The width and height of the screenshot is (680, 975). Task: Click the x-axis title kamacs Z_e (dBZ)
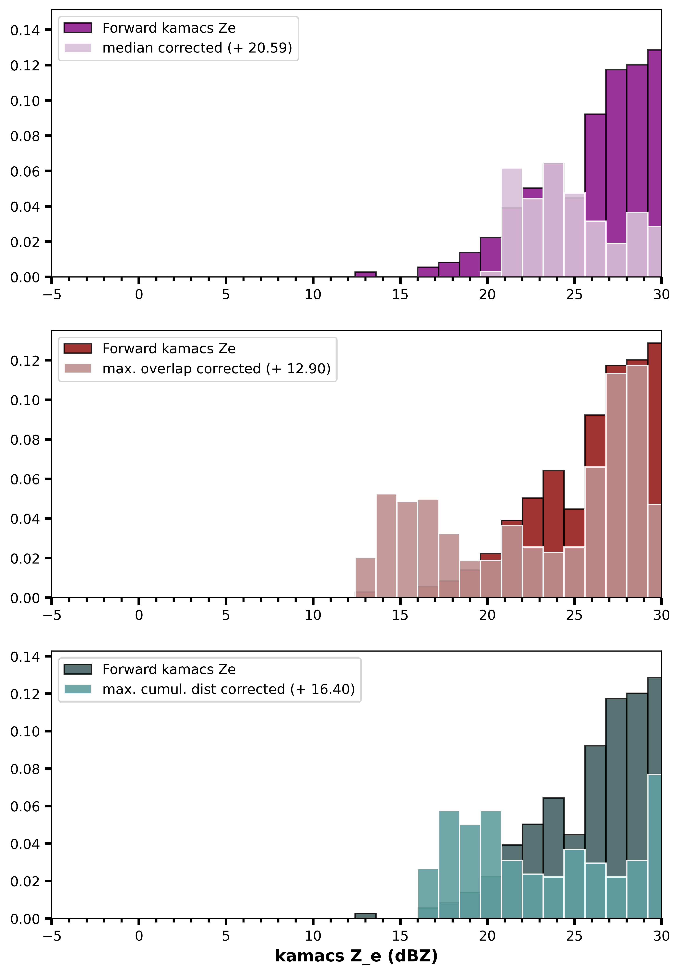click(356, 956)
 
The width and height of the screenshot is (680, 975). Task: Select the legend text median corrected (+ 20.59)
click(197, 48)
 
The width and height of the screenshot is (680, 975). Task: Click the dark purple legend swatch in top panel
click(78, 28)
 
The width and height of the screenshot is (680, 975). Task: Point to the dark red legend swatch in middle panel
click(78, 348)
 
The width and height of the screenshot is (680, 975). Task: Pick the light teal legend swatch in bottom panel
click(78, 689)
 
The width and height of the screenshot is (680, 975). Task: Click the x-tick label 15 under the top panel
click(400, 295)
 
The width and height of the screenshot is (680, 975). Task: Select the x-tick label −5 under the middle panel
click(52, 615)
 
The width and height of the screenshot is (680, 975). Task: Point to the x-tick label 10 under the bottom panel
click(313, 936)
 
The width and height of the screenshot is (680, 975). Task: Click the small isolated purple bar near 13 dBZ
click(365, 274)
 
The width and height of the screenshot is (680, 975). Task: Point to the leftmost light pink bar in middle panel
click(365, 578)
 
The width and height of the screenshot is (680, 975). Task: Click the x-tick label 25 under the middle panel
click(574, 615)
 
